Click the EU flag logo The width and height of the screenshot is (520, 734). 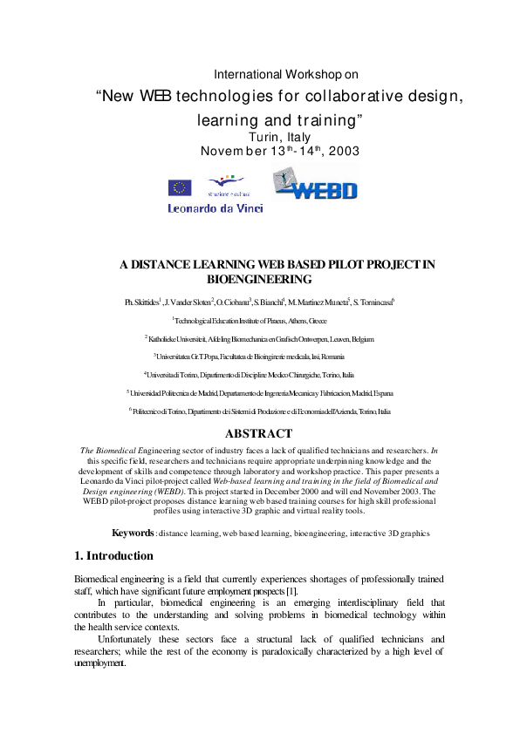(x=181, y=187)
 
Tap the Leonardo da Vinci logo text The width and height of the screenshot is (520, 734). (x=215, y=208)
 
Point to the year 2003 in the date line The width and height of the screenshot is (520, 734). (x=342, y=152)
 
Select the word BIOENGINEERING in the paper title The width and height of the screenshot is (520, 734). (x=259, y=280)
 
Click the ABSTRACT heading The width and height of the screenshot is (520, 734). (x=258, y=433)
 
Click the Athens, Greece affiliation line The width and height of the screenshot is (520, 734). (x=259, y=321)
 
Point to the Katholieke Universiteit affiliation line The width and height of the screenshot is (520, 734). (x=259, y=338)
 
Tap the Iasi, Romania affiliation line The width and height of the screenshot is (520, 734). (x=259, y=357)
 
